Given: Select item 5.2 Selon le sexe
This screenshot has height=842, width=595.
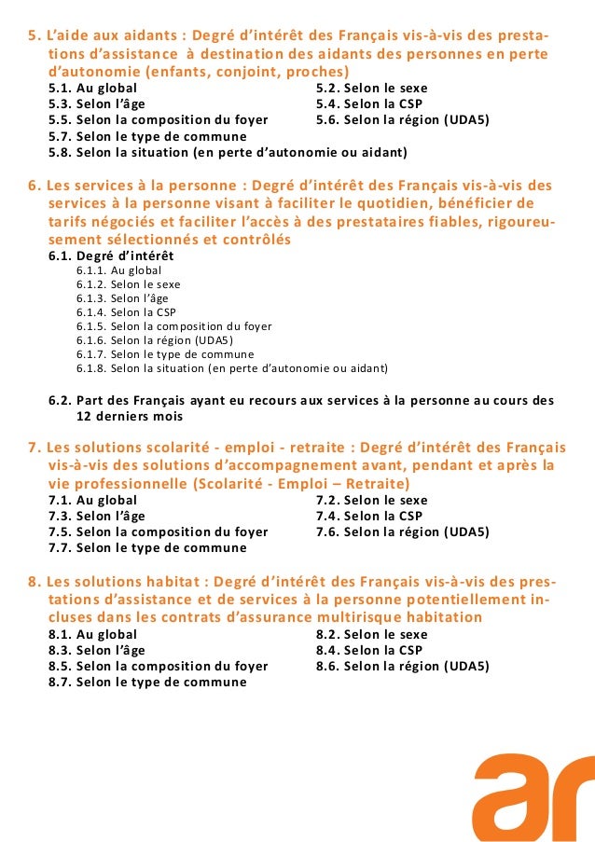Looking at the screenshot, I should [x=371, y=89].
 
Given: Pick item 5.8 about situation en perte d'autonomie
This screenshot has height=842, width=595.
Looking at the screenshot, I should [x=228, y=152].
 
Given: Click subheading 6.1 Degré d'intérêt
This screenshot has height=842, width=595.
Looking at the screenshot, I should [x=111, y=255].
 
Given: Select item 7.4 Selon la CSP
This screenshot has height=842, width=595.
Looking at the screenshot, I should [x=369, y=516].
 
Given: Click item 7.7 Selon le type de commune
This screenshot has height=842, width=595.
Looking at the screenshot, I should [x=147, y=547].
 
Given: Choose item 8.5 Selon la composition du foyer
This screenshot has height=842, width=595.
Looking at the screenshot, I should [x=158, y=666].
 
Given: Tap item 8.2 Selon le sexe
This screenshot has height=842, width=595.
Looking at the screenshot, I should [x=371, y=634].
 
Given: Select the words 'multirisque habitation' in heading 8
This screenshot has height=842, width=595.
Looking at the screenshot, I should [x=402, y=617].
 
